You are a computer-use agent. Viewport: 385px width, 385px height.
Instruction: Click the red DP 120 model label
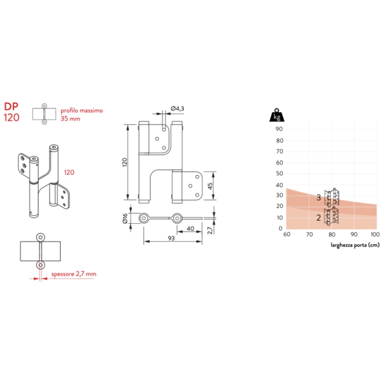click(x=12, y=112)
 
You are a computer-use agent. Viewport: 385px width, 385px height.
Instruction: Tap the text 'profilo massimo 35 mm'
click(x=82, y=114)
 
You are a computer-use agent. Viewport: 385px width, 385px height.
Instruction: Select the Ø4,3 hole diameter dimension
click(x=177, y=109)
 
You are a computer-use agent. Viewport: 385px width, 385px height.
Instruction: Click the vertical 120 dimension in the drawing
click(x=124, y=162)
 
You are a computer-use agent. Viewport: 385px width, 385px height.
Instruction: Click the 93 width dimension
click(x=172, y=239)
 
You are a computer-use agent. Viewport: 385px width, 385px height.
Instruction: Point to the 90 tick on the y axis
click(x=280, y=129)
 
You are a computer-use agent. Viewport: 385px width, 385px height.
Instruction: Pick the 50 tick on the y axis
click(x=280, y=174)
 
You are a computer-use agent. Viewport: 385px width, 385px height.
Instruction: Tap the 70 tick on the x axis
click(x=309, y=234)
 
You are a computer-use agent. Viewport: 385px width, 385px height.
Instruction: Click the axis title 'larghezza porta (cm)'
click(x=355, y=245)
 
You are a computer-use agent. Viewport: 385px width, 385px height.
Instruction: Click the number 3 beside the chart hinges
click(x=318, y=198)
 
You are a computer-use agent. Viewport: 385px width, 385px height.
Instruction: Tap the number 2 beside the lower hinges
click(x=318, y=218)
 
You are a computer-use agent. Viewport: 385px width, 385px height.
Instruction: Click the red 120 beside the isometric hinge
click(x=69, y=172)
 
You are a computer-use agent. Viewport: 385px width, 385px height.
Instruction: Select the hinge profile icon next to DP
click(x=45, y=114)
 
